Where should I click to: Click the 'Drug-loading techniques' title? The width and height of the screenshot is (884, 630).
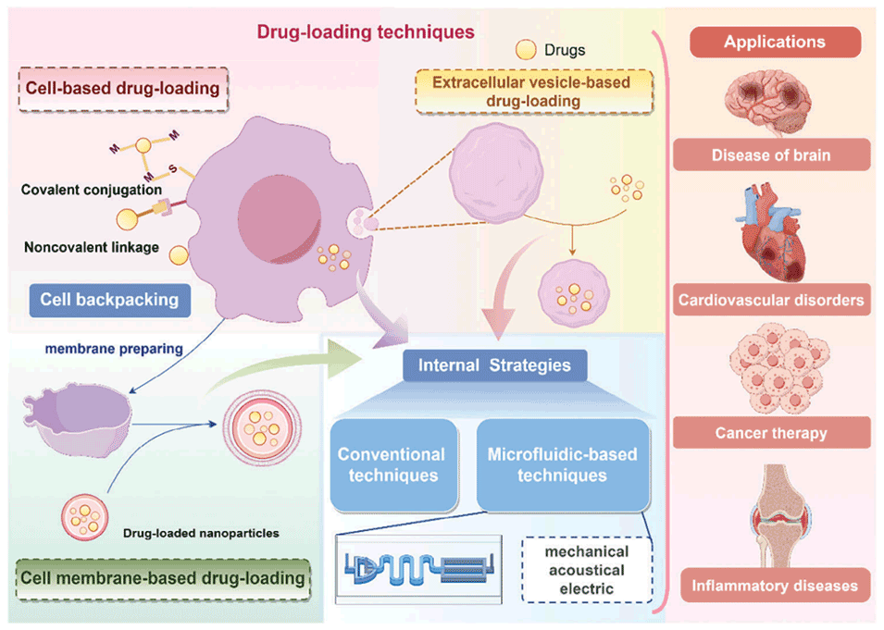pyautogui.click(x=365, y=32)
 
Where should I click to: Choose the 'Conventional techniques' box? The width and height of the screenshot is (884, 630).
pyautogui.click(x=391, y=464)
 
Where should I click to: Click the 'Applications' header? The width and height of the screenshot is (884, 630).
pyautogui.click(x=774, y=43)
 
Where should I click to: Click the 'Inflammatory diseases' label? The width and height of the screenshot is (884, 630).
pyautogui.click(x=774, y=585)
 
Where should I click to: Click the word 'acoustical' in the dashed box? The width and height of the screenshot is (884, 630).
pyautogui.click(x=585, y=570)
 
